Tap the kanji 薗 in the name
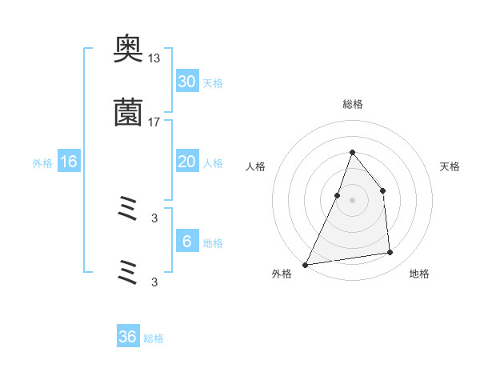pos(128,113)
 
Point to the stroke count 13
pos(154,58)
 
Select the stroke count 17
pos(154,122)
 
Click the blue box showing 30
pos(187,82)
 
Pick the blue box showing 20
pos(187,162)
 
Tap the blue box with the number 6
pos(187,242)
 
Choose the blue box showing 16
pos(69,162)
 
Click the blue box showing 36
pos(128,337)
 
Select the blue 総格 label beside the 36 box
pos(154,338)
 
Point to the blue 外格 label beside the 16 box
pos(42,163)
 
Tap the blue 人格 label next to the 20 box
pos(213,163)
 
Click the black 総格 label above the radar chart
pos(352,104)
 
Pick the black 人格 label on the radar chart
pos(256,166)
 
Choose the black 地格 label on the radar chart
pos(419,274)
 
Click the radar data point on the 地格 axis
pos(390,253)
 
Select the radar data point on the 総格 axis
pos(352,152)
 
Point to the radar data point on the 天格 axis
pos(382,190)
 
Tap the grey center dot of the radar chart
pos(352,200)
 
